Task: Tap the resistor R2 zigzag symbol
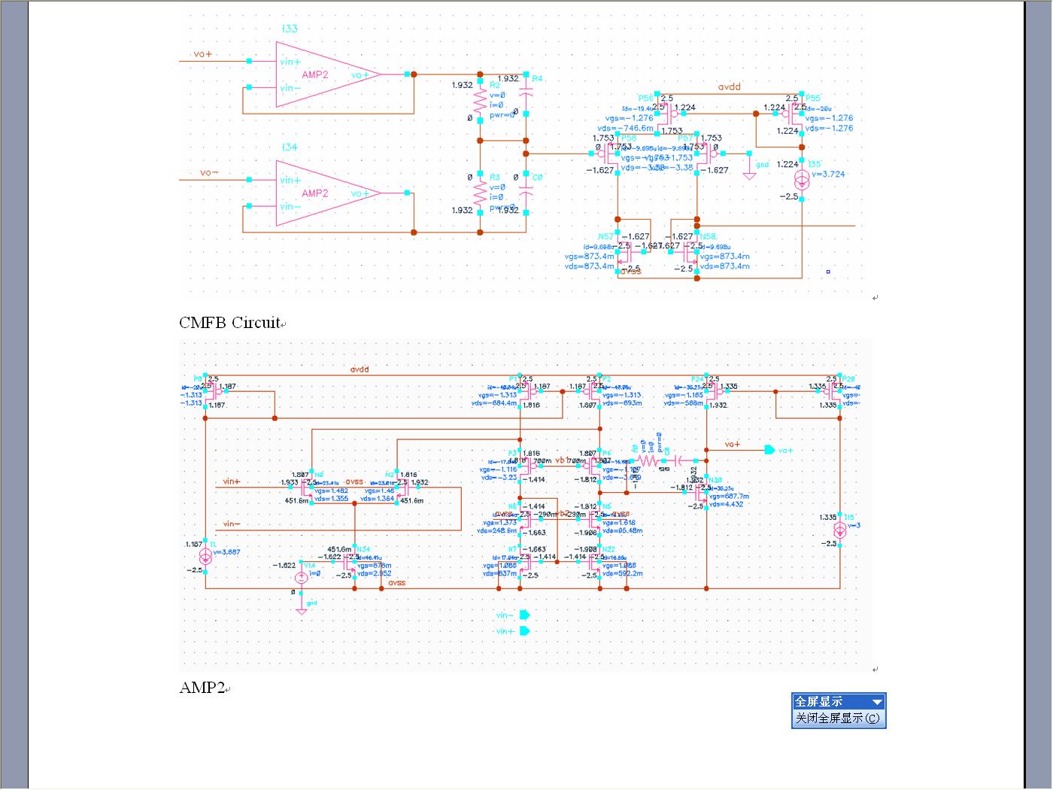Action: [480, 100]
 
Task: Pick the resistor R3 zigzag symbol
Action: [480, 194]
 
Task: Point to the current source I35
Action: [802, 180]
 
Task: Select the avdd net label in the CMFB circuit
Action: [729, 87]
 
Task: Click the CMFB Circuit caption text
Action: [230, 323]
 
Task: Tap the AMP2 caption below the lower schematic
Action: [202, 688]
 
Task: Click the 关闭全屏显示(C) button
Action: [838, 719]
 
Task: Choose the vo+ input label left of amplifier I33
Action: [203, 54]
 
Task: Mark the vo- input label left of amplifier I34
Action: [210, 173]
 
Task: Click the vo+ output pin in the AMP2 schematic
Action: [769, 450]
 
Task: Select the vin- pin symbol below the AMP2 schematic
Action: [524, 615]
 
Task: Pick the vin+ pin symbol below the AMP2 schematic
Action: [524, 631]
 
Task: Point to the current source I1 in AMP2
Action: [205, 556]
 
